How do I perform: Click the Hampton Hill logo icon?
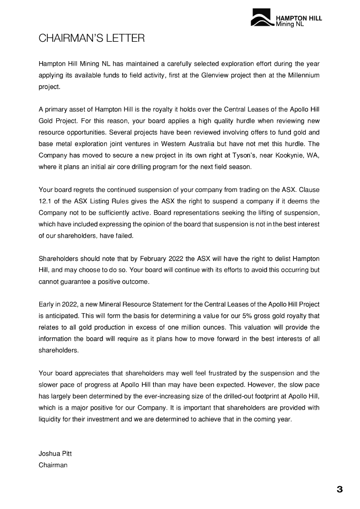(262, 20)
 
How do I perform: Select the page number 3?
(340, 490)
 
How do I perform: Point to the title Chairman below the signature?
(53, 465)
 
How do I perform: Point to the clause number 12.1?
(46, 201)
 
